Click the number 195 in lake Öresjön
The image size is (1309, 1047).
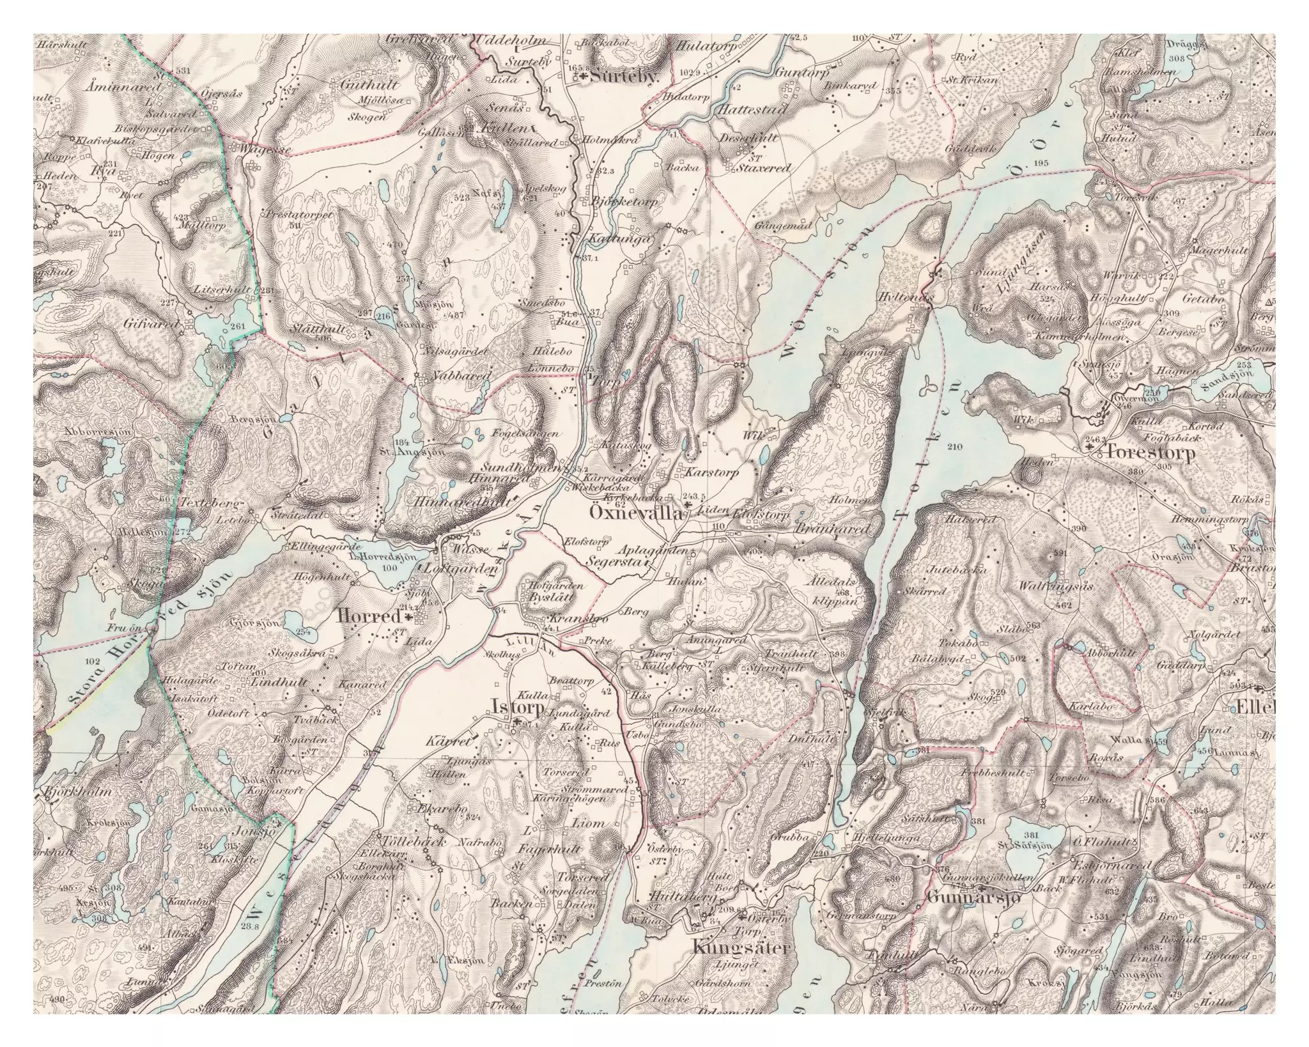(x=1040, y=164)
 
